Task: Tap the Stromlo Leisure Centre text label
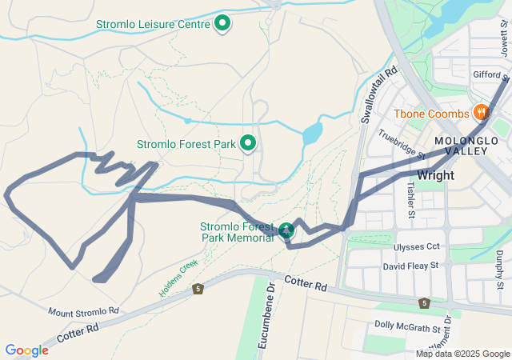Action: (x=152, y=25)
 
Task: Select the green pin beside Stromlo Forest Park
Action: (x=248, y=144)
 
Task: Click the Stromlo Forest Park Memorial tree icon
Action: (x=286, y=231)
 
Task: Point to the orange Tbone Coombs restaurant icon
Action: (x=481, y=113)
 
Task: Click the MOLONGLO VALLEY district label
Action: (x=466, y=147)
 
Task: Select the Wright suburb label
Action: (x=435, y=175)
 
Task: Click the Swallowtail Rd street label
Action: (x=379, y=95)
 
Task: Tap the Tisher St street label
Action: (x=410, y=199)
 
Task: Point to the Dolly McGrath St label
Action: (x=408, y=326)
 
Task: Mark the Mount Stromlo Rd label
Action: (x=83, y=310)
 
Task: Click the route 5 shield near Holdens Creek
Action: (x=198, y=288)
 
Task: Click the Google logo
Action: (x=26, y=350)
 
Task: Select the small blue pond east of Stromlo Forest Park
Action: (x=313, y=133)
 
